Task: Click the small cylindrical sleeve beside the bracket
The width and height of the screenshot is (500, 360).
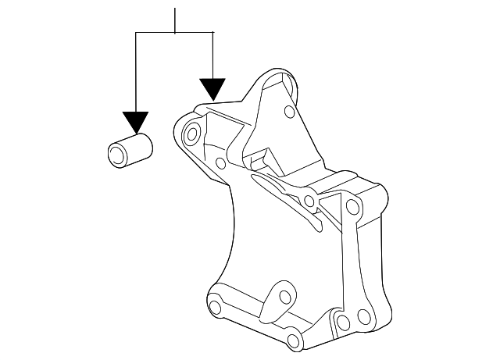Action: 129,149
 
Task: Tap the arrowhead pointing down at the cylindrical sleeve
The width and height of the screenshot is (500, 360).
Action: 136,122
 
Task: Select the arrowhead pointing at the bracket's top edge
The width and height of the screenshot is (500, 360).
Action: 212,88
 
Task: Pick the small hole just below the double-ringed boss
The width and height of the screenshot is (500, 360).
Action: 220,163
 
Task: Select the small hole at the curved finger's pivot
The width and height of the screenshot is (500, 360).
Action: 311,202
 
